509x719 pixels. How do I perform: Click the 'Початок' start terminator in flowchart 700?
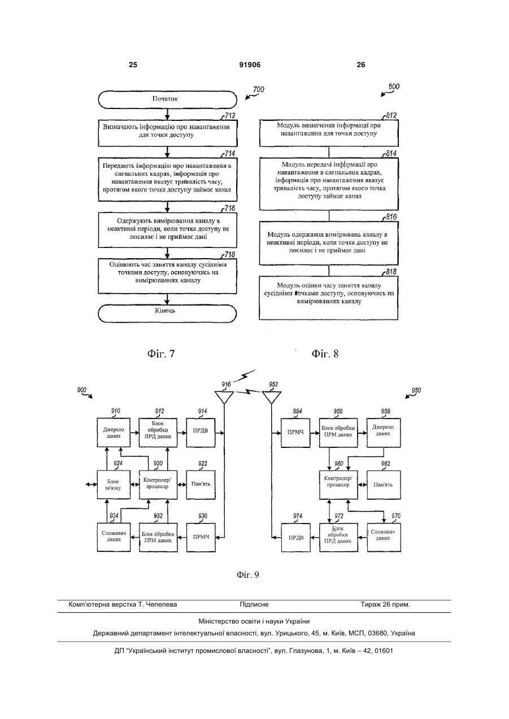click(x=167, y=99)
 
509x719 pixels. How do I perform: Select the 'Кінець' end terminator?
click(x=167, y=313)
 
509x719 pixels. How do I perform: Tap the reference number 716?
click(x=229, y=208)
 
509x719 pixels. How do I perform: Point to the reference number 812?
click(x=391, y=116)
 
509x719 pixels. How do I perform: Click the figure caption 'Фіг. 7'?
click(x=161, y=354)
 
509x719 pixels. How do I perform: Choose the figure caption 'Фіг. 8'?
click(x=325, y=354)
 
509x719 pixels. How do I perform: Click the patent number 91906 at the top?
click(x=250, y=65)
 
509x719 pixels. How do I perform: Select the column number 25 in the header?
click(x=133, y=65)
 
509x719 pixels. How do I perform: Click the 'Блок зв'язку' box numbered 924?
click(x=114, y=485)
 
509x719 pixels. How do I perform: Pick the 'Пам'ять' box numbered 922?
click(x=201, y=485)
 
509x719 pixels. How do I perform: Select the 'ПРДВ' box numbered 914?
click(x=201, y=433)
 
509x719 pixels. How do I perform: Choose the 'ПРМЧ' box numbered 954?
click(x=295, y=433)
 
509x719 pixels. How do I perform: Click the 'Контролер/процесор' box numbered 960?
click(x=338, y=485)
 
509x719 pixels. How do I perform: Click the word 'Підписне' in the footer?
click(x=254, y=604)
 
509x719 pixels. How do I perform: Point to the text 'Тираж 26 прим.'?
click(x=385, y=604)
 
